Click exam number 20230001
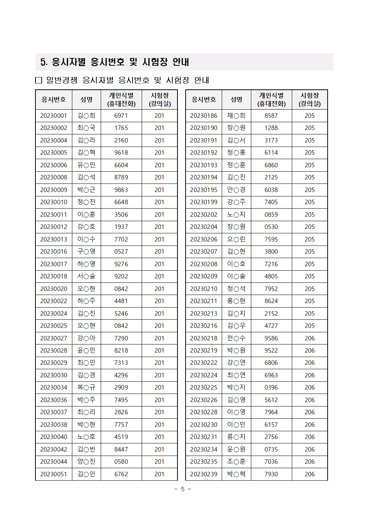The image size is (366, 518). click(x=53, y=116)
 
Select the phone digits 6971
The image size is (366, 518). click(x=121, y=116)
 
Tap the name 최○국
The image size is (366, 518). click(x=86, y=128)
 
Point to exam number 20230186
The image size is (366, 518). click(x=204, y=116)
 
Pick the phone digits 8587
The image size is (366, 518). click(x=271, y=116)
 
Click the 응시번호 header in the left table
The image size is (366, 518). click(x=53, y=99)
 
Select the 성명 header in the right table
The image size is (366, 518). click(x=236, y=99)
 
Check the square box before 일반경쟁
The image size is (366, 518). click(x=39, y=80)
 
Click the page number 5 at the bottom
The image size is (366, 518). click(x=182, y=489)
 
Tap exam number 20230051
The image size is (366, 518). click(x=53, y=474)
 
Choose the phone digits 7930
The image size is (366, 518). click(x=271, y=474)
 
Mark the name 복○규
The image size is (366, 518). click(x=86, y=387)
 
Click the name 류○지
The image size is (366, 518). click(x=236, y=437)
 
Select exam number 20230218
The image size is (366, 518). click(x=204, y=338)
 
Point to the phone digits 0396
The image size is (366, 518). click(x=271, y=387)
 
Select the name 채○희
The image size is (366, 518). click(x=236, y=116)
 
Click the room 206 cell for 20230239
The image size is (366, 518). click(x=310, y=474)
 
